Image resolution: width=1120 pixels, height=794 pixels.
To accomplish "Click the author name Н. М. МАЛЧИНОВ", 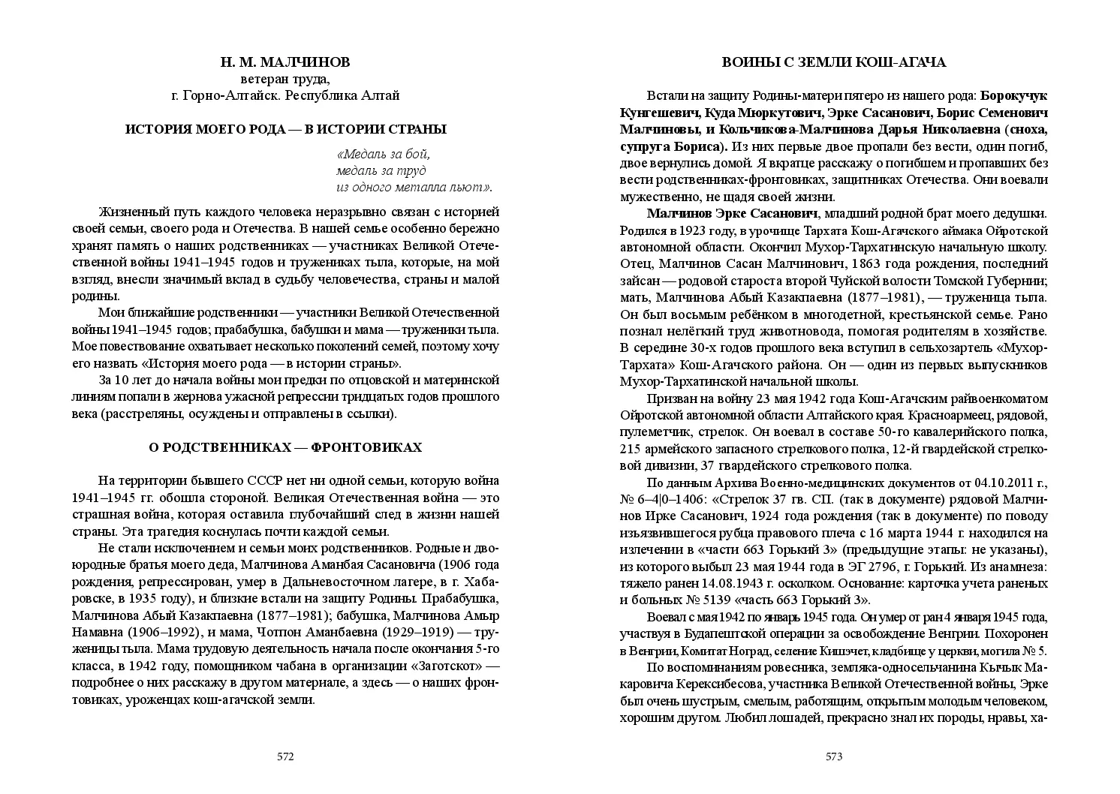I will pos(285,62).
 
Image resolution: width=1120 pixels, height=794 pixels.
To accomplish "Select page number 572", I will pos(285,756).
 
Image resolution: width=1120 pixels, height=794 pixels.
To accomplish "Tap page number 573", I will pos(834,756).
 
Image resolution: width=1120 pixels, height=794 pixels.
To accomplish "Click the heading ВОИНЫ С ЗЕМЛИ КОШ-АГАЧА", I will pos(834,62).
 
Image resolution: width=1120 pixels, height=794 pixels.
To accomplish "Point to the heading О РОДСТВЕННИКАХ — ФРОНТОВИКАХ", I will pos(285,448).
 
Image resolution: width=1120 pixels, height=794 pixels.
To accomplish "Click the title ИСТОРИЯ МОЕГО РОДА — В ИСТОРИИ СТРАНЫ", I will pos(285,129).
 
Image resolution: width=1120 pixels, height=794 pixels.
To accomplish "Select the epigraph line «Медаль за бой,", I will pos(384,155).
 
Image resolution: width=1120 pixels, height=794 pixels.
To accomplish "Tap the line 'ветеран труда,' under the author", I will pos(285,79).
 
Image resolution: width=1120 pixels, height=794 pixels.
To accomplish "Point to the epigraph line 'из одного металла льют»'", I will pos(414,187).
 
